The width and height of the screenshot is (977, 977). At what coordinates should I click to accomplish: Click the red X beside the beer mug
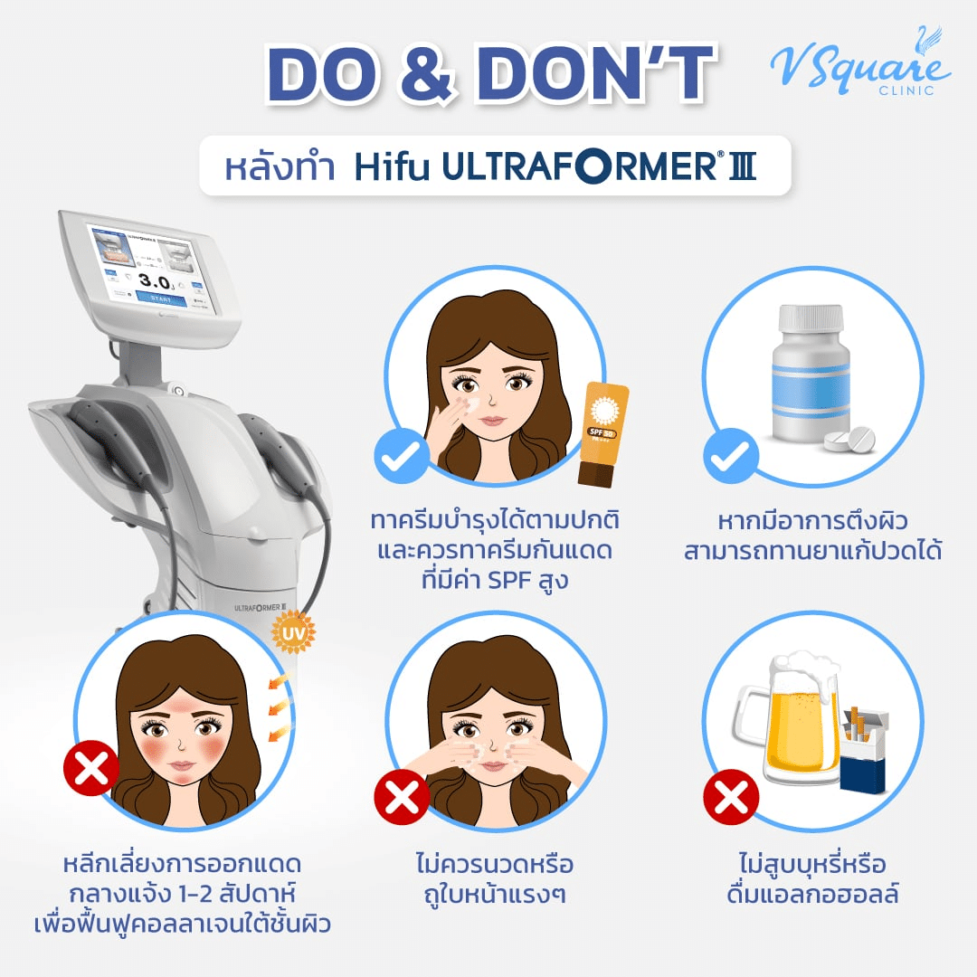click(731, 798)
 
